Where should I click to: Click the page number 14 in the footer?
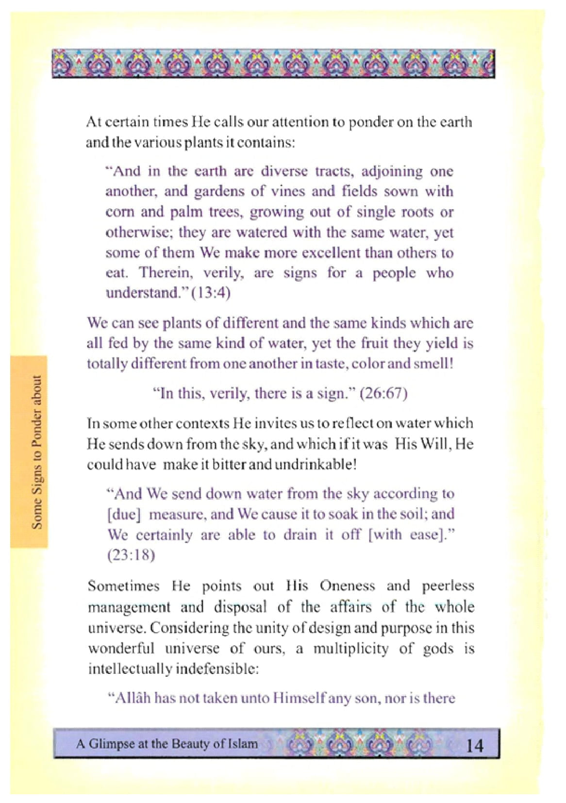[x=474, y=745]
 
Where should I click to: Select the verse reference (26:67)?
[x=383, y=393]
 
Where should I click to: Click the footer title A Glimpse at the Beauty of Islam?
[x=167, y=744]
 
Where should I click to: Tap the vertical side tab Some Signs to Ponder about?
[x=37, y=452]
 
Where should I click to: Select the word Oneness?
[x=347, y=586]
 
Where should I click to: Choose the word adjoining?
[x=392, y=171]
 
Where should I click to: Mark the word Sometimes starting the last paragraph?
[x=123, y=586]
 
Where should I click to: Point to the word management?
[x=129, y=607]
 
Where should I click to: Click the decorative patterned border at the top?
[x=273, y=63]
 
